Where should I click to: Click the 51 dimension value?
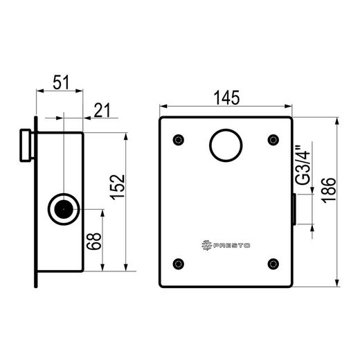(x=61, y=82)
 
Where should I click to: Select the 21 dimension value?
(x=102, y=110)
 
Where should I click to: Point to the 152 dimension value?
(x=118, y=187)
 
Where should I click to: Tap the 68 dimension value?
(x=94, y=242)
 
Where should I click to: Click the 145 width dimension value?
(x=227, y=98)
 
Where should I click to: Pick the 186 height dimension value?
(x=329, y=190)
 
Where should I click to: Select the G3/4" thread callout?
(x=303, y=165)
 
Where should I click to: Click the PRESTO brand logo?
(x=226, y=245)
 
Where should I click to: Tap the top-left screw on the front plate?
(x=179, y=140)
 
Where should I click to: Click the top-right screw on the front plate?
(x=273, y=140)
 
